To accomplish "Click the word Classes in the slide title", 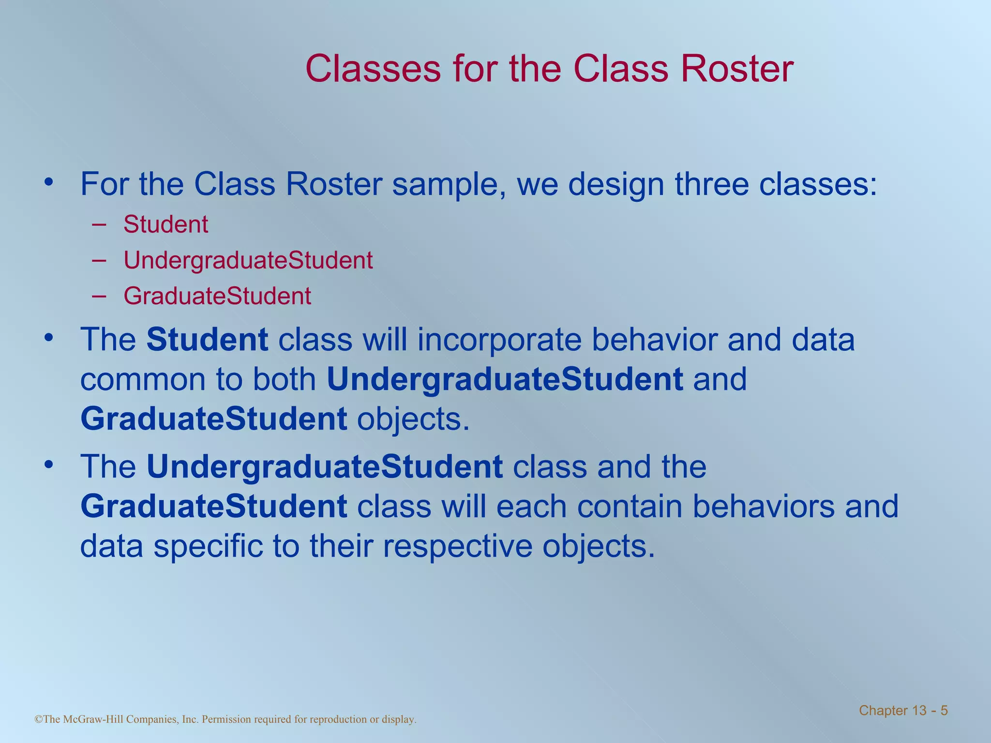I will tap(373, 69).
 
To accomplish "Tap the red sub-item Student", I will tap(165, 224).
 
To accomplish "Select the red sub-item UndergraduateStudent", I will tap(248, 260).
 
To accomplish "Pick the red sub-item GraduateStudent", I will tap(217, 296).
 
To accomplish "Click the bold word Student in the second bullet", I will tap(207, 340).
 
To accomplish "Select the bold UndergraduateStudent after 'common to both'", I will tap(505, 380).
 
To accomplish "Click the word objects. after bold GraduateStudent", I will tap(413, 419).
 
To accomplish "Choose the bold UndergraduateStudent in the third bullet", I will tap(325, 467).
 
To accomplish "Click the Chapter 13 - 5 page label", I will tap(903, 711).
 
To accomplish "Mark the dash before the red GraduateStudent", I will tap(99, 296).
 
